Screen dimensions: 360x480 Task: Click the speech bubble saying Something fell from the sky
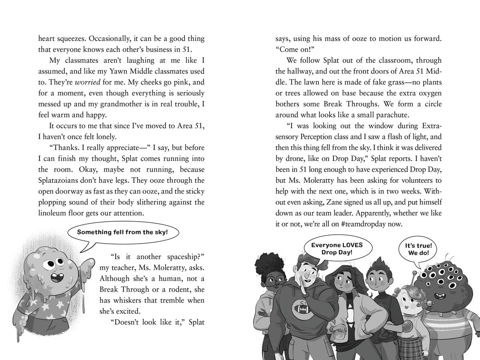click(x=122, y=232)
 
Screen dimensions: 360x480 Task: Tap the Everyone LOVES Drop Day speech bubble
click(x=337, y=248)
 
